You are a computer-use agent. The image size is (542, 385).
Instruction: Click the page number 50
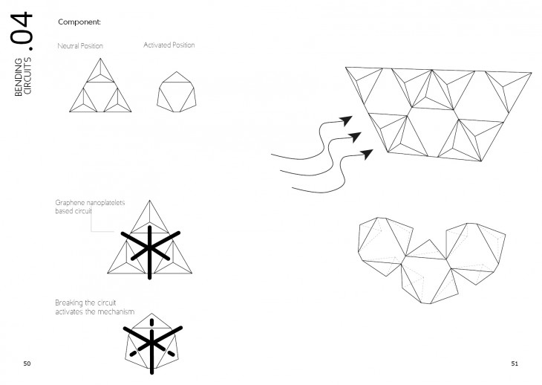click(27, 363)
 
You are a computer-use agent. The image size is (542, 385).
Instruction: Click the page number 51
click(515, 363)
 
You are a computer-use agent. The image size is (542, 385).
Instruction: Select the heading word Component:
click(79, 22)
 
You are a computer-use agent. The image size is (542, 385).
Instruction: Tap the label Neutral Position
click(80, 45)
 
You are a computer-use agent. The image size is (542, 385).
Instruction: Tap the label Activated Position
click(169, 45)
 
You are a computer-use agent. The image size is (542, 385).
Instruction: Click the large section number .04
click(22, 31)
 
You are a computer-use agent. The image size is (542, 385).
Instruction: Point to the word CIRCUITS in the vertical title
click(27, 75)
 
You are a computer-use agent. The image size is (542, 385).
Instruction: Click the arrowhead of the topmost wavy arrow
click(346, 120)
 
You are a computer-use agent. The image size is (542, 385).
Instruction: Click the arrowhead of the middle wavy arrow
click(355, 137)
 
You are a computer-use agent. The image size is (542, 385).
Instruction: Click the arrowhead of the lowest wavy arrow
click(367, 154)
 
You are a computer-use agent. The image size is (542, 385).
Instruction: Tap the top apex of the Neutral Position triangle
click(100, 59)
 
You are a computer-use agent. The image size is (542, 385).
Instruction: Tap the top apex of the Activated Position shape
click(177, 71)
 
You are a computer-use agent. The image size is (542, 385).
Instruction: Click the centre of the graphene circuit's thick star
click(150, 247)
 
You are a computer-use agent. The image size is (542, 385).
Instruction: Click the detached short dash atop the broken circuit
click(151, 323)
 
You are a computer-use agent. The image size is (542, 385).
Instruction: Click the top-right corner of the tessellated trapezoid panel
click(532, 73)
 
